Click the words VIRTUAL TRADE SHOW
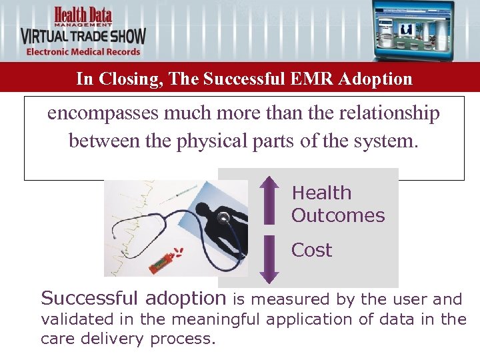pyautogui.click(x=83, y=35)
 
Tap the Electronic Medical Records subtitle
pyautogui.click(x=83, y=51)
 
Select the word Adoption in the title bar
pyautogui.click(x=375, y=79)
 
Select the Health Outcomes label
pyautogui.click(x=337, y=204)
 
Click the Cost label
pyautogui.click(x=311, y=250)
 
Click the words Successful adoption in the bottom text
pyautogui.click(x=133, y=298)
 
